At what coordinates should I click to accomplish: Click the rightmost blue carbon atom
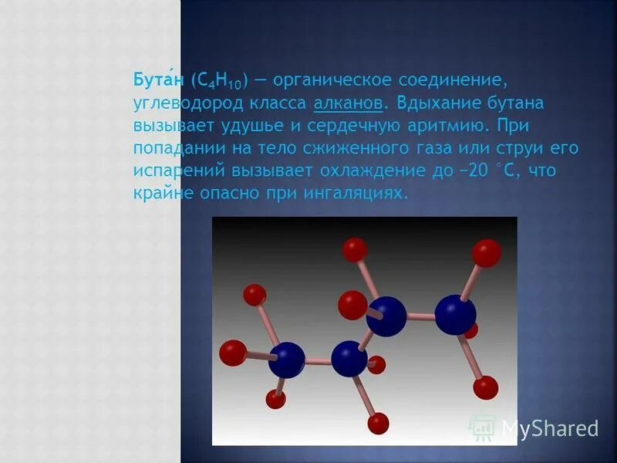pyautogui.click(x=455, y=314)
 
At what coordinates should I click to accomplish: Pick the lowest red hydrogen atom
pyautogui.click(x=378, y=423)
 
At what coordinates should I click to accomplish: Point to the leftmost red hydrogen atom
pyautogui.click(x=232, y=353)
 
